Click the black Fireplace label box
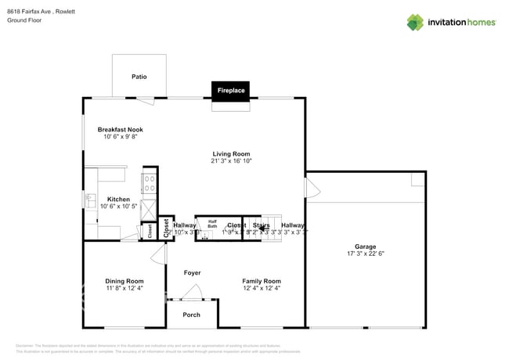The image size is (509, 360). coord(231,91)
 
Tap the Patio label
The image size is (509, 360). coord(139,77)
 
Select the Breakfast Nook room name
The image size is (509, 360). coord(120,129)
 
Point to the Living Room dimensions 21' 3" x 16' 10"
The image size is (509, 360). coord(230,161)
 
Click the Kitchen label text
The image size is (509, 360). coord(118,200)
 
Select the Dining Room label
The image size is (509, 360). coord(125,281)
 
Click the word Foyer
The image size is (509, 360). coord(192,273)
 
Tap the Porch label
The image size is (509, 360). coord(191,315)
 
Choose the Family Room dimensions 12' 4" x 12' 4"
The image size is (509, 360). coord(261,288)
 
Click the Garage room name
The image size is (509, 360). coord(365,247)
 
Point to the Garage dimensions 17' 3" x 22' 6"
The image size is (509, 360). coord(365,254)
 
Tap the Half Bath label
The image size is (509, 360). coord(211,223)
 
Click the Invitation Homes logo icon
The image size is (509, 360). coord(416,22)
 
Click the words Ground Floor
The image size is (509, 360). coord(24,20)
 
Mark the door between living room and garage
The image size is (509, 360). coord(312,188)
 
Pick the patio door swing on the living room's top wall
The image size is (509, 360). coord(145,100)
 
